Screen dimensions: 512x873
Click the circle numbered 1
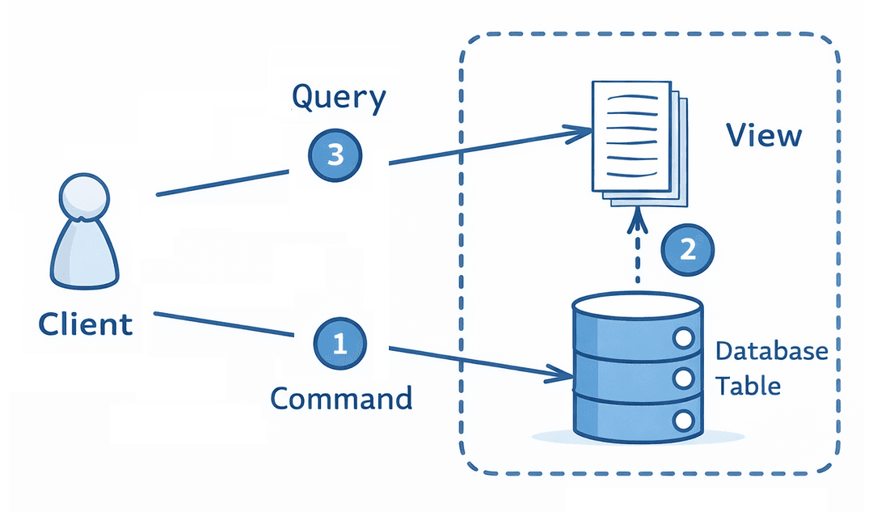(339, 345)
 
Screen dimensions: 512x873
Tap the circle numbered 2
(688, 249)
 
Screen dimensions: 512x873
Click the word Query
(339, 99)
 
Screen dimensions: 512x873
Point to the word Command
(340, 399)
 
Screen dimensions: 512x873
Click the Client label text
(86, 325)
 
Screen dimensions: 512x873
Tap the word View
(763, 136)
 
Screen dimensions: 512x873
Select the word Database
(772, 351)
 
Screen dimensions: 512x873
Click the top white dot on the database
(684, 338)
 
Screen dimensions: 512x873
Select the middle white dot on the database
(684, 378)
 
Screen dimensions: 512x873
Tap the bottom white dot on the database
(684, 419)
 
